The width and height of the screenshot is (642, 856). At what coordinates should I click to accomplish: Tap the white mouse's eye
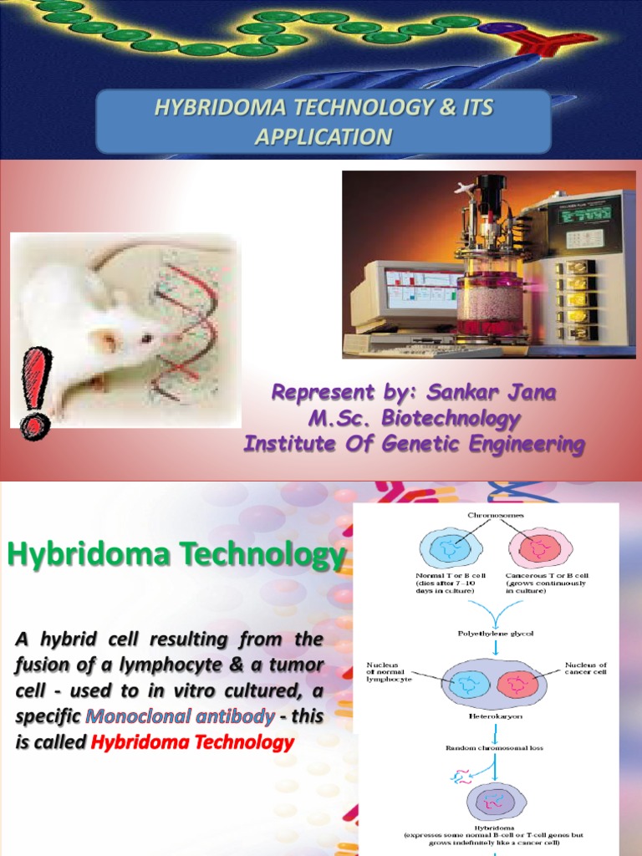148,338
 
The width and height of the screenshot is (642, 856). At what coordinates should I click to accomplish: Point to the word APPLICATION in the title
323,136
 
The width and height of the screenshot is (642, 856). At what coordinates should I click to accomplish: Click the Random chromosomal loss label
495,747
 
